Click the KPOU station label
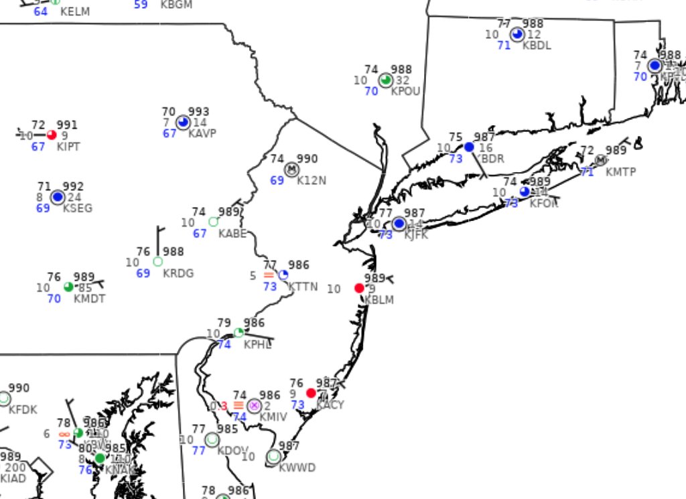tap(405, 91)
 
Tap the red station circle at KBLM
tap(359, 288)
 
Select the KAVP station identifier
tap(202, 133)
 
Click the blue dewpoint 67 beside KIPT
tap(38, 147)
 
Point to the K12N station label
tap(312, 181)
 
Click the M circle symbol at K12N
tap(291, 169)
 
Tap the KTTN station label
tap(303, 287)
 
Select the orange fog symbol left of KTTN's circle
tap(269, 275)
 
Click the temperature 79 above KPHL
tap(224, 323)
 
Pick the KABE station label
tap(232, 234)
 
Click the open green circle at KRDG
tap(158, 261)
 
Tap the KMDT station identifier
tap(89, 299)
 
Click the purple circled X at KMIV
tap(254, 405)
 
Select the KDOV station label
tap(232, 450)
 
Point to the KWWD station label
tap(297, 468)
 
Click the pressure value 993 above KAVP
tap(198, 112)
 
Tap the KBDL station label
tap(537, 46)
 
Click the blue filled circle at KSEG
tap(58, 197)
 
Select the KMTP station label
tap(620, 172)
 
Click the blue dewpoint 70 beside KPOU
tap(371, 91)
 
